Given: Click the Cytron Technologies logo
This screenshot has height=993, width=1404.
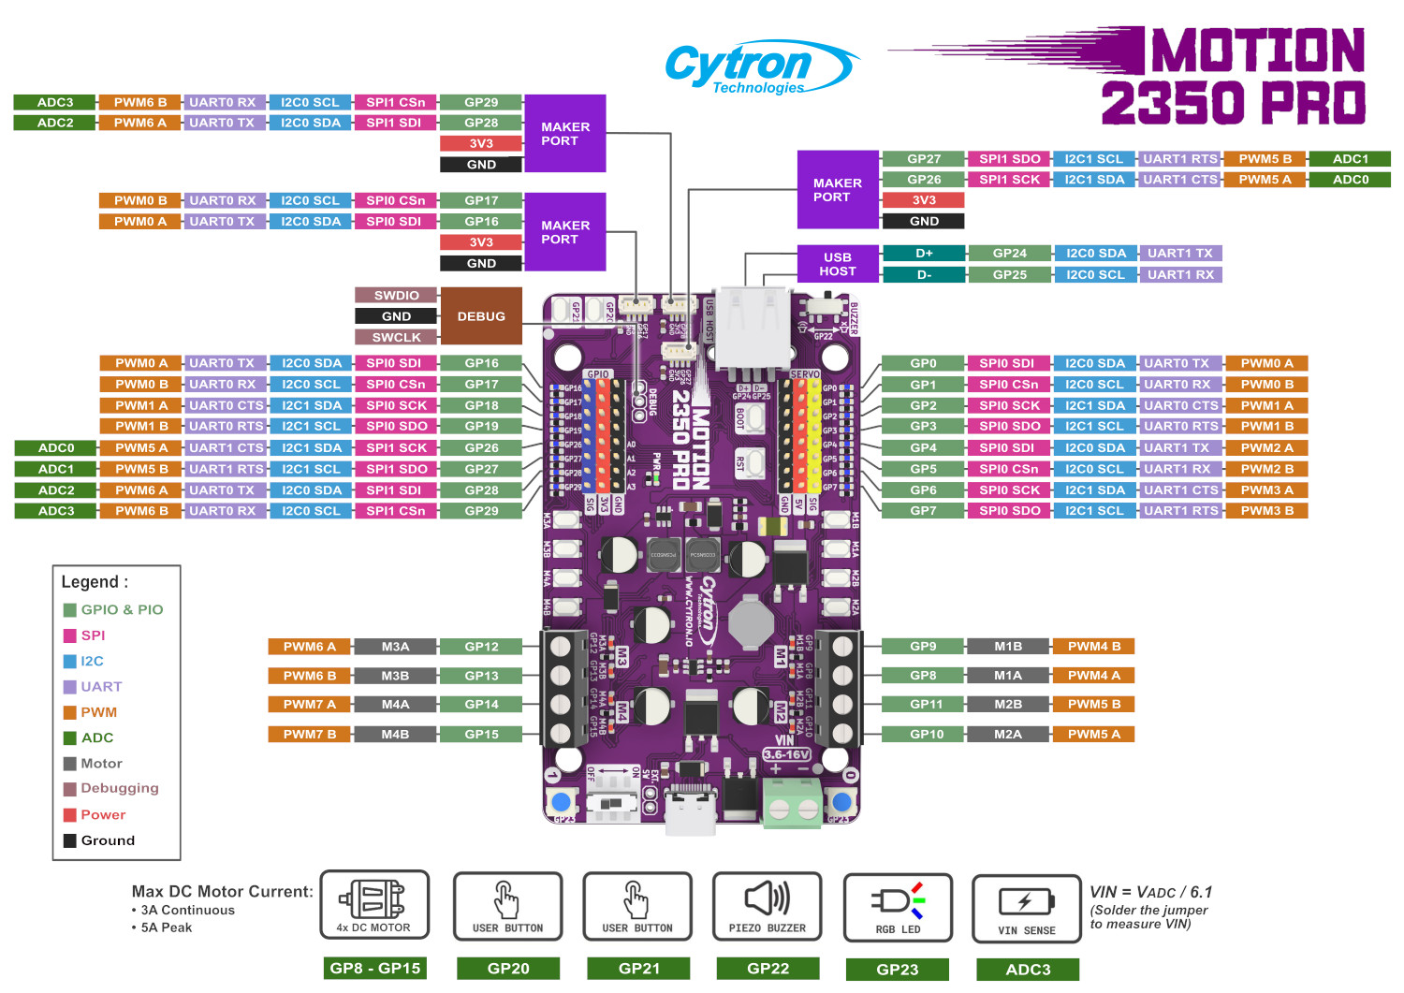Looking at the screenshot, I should (x=760, y=67).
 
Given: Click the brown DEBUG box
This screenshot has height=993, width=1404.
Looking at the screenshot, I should (x=481, y=316).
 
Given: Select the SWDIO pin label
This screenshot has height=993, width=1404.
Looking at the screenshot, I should (x=396, y=295).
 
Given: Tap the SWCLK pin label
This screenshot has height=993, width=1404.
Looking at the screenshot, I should (x=396, y=338).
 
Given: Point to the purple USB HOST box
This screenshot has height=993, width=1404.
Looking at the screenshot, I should (x=838, y=264).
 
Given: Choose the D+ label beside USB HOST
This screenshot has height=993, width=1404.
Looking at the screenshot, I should (x=924, y=253).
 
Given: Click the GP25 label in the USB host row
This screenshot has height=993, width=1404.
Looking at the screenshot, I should (x=1009, y=275).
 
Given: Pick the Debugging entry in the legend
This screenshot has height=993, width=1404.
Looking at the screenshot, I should (x=119, y=788).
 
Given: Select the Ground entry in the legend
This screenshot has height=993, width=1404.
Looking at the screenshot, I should (x=108, y=840).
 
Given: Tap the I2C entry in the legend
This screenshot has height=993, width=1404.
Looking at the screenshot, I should (x=92, y=661).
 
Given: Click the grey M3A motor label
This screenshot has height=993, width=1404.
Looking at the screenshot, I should (x=395, y=647).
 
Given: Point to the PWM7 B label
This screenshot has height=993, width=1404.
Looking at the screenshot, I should (x=310, y=735).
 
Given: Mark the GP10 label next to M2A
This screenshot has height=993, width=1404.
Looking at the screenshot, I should (x=927, y=735).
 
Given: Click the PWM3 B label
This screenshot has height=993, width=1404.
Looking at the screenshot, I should (x=1266, y=511).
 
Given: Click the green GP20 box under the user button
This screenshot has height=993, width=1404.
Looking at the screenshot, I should (x=508, y=969).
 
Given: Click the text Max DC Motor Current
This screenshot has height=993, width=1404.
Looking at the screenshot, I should (x=223, y=891).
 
